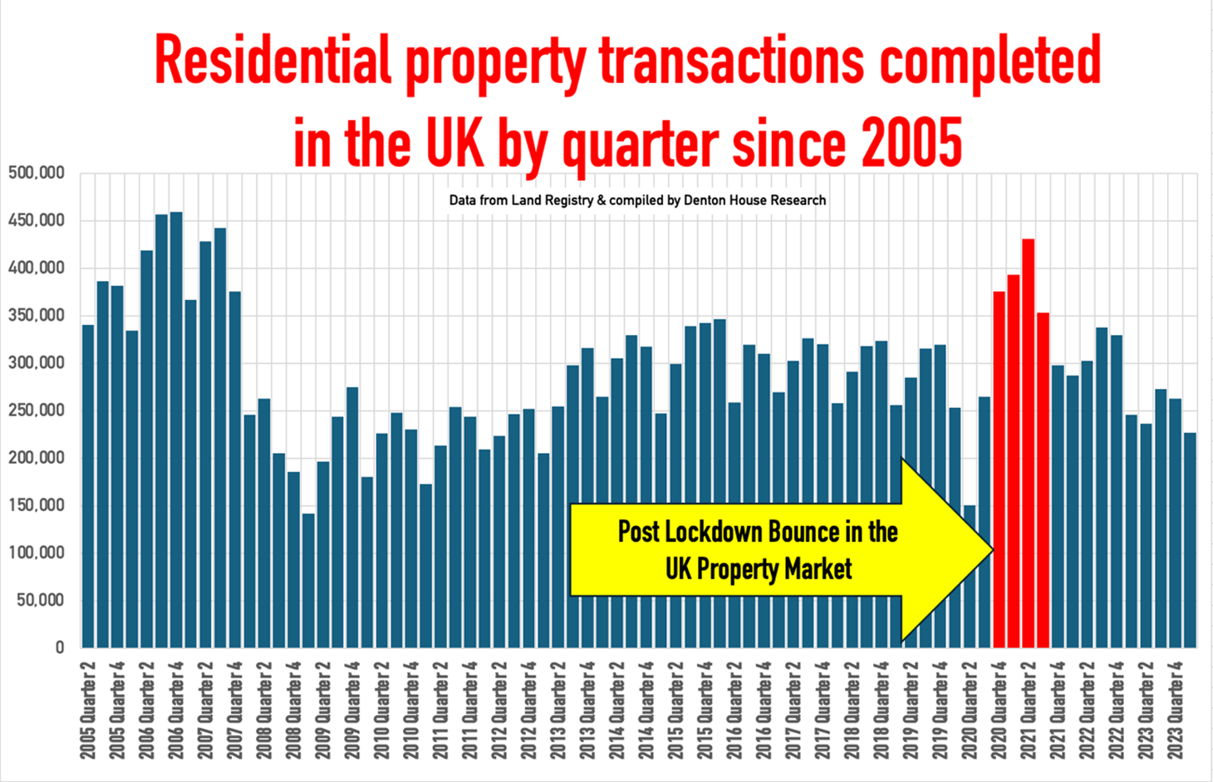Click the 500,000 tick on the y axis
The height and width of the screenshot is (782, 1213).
click(x=37, y=173)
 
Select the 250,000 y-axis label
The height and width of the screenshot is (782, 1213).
click(x=37, y=410)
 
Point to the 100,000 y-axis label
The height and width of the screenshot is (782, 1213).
click(x=37, y=553)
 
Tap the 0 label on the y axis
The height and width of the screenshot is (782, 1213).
click(x=59, y=647)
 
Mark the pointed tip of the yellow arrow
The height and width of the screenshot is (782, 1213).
click(x=992, y=549)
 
